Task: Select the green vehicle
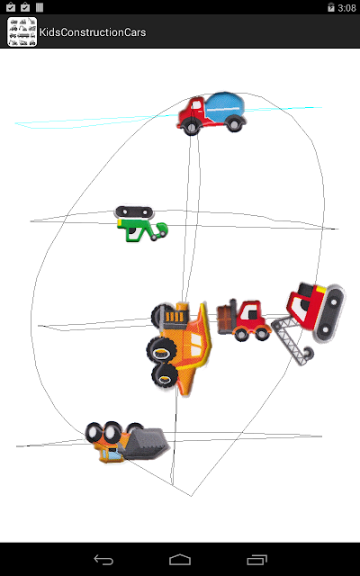pos(142,230)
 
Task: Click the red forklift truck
pos(244,319)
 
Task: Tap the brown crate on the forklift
pos(226,319)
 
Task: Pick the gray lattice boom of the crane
pos(290,338)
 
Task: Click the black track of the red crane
pos(329,313)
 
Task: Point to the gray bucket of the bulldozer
pos(144,444)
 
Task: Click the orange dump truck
pos(179,348)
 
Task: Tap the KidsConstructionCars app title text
pos(93,32)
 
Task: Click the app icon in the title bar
pos(22,31)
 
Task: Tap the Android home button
pos(180,560)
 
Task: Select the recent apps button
pos(256,560)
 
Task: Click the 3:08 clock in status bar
pos(346,8)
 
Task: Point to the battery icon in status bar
pos(331,7)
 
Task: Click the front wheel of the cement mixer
pos(192,127)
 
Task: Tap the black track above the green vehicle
pos(134,212)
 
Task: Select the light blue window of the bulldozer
pos(113,454)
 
